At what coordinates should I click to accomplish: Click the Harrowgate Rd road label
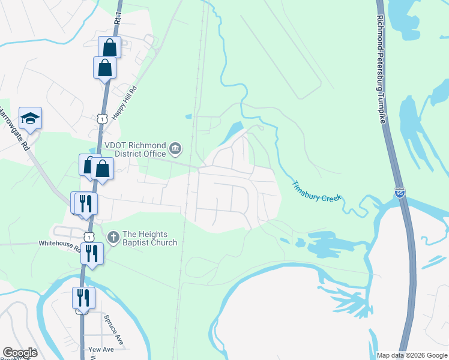[14, 129]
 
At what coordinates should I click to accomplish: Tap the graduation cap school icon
[30, 118]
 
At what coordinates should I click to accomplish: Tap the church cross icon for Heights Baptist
[112, 238]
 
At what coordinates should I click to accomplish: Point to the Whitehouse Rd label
[59, 244]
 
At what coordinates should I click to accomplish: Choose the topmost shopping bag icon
[110, 46]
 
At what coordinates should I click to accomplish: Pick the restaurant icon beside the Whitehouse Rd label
[92, 253]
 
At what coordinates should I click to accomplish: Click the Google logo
[20, 353]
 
